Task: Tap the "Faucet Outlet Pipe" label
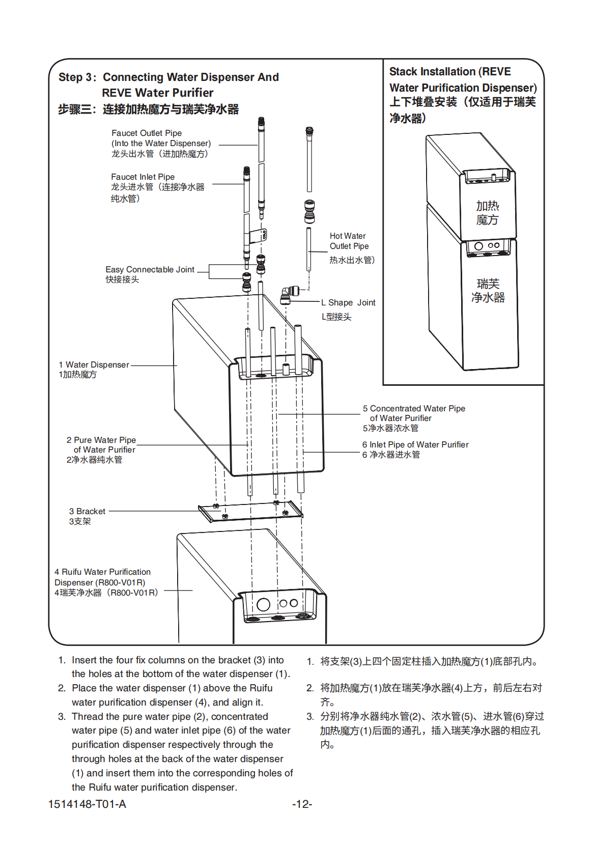point(147,133)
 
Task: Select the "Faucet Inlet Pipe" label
point(143,177)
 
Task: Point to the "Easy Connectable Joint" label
point(150,270)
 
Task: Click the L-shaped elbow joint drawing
point(288,295)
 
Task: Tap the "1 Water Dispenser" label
point(94,365)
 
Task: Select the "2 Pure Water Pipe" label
point(101,440)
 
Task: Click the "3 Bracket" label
point(88,512)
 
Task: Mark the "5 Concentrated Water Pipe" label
point(414,409)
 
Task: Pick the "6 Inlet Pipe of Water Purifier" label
point(415,445)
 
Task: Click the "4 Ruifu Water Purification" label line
point(103,572)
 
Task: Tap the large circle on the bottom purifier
point(263,604)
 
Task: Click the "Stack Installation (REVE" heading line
point(450,72)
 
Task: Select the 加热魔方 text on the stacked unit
point(488,213)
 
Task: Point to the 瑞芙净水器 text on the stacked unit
point(488,291)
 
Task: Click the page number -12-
point(302,804)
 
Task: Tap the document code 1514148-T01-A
point(87,804)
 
